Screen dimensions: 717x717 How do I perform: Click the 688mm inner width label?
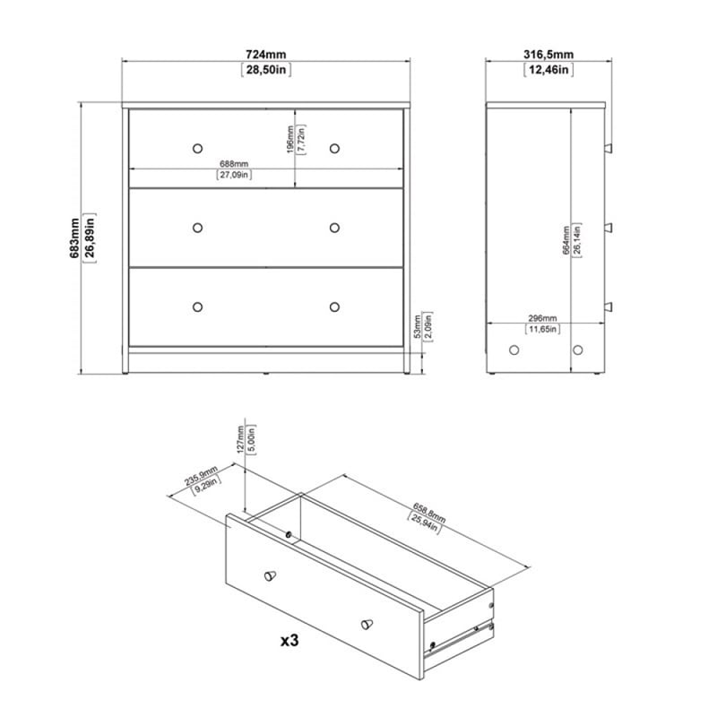pyautogui.click(x=233, y=164)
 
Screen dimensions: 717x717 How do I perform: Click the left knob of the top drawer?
pyautogui.click(x=197, y=147)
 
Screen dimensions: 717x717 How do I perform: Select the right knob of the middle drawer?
pyautogui.click(x=335, y=227)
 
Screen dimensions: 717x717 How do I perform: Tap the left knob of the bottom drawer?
pyautogui.click(x=197, y=307)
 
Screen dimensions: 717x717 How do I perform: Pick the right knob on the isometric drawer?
pyautogui.click(x=366, y=624)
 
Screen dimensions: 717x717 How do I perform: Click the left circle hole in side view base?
pyautogui.click(x=514, y=350)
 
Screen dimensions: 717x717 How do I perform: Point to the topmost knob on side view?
pyautogui.click(x=609, y=148)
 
